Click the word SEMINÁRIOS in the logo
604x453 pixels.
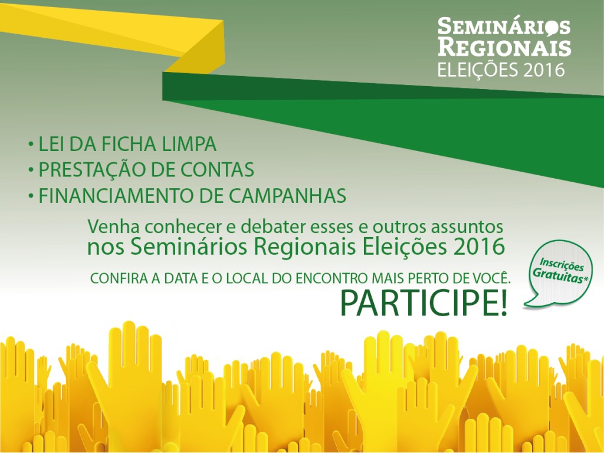click(x=504, y=27)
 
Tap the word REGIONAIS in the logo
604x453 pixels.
click(x=504, y=47)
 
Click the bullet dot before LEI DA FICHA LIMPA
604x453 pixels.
click(x=31, y=145)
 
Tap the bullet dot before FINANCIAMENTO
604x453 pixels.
click(x=31, y=196)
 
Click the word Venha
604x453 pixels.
click(x=113, y=226)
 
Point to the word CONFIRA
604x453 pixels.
click(x=119, y=278)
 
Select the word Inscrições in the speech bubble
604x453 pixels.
click(x=562, y=264)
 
